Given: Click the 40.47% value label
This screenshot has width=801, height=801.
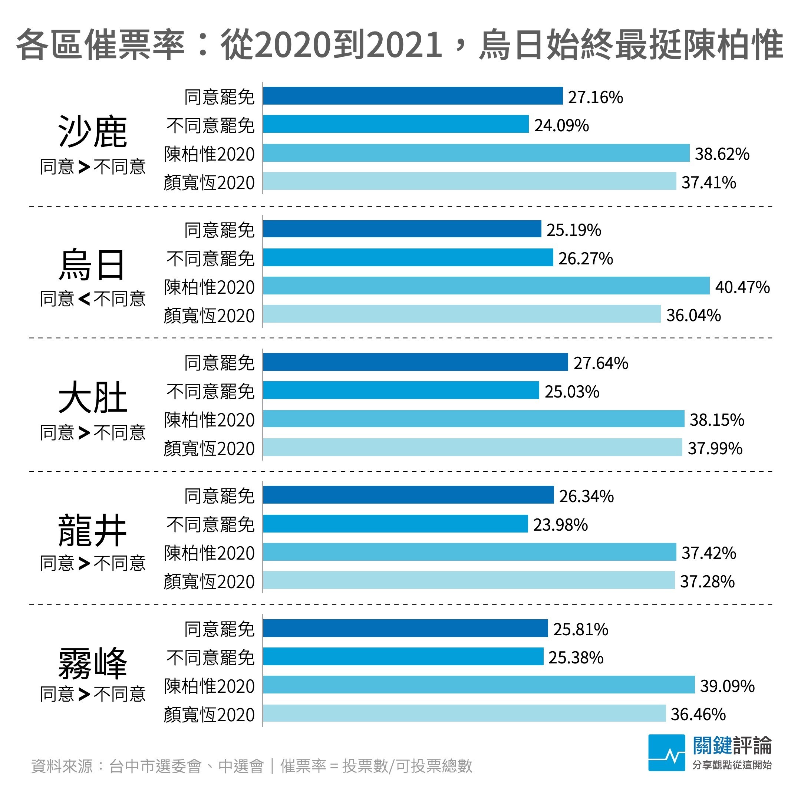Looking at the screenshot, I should click(742, 287).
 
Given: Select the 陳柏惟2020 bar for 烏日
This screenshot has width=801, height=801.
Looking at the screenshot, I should click(486, 286).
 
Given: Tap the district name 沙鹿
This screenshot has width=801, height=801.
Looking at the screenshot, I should click(92, 132).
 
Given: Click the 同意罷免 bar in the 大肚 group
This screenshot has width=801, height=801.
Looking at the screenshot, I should click(415, 362).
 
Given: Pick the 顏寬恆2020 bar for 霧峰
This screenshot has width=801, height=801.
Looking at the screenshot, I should click(464, 713).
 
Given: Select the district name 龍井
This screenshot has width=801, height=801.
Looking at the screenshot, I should click(92, 530).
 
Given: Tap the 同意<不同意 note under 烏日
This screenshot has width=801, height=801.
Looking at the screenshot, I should click(92, 299).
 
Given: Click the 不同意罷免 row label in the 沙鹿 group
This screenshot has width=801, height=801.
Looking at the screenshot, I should click(210, 125).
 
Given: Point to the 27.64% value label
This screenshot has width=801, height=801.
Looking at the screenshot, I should click(601, 363).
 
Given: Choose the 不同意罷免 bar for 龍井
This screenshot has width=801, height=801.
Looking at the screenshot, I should click(395, 524).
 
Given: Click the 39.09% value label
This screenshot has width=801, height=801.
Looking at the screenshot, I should click(727, 686).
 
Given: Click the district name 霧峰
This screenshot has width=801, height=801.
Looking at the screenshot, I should click(92, 663).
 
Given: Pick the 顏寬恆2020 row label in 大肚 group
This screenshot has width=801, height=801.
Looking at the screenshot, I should click(209, 449).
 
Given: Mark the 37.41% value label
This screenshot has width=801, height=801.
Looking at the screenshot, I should click(709, 182).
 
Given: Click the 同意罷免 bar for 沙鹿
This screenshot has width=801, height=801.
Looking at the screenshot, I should click(412, 96).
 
